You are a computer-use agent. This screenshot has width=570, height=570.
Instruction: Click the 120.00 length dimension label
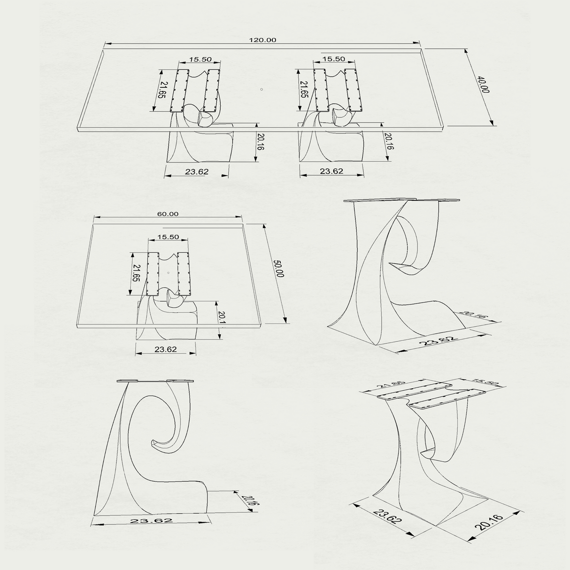262,40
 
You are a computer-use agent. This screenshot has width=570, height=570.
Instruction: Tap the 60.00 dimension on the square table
168,214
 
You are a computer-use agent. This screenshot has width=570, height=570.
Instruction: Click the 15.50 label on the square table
168,237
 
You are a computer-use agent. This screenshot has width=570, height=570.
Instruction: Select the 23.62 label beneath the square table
165,349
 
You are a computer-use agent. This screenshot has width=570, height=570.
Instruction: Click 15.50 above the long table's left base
200,60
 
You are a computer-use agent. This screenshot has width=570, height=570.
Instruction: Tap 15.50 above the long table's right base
333,59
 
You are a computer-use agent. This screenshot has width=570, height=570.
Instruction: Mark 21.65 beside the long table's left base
162,90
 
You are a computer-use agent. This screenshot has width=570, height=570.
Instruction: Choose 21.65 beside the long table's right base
304,90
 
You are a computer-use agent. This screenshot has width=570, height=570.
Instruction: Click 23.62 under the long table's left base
196,172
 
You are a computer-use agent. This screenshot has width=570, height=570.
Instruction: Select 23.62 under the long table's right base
331,171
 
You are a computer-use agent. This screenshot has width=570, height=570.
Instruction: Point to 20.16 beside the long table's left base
261,142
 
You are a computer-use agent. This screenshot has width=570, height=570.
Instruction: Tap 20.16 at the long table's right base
389,141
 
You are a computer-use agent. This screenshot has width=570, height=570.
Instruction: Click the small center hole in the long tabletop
262,89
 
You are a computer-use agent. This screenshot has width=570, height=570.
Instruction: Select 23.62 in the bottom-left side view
151,521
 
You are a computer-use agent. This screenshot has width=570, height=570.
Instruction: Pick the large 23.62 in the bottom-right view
387,516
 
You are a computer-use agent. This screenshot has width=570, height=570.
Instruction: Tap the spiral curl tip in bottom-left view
154,443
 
